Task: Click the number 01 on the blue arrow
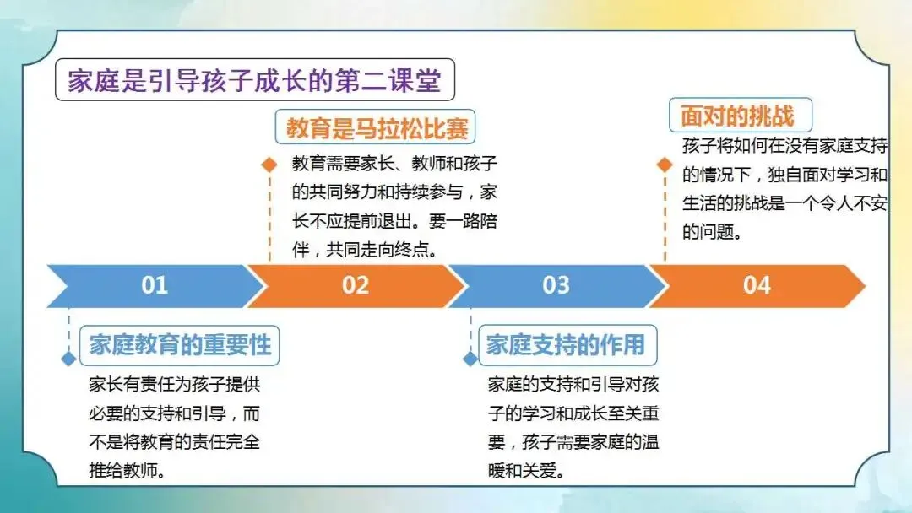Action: (155, 285)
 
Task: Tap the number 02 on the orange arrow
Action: (356, 285)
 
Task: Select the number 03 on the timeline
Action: (556, 285)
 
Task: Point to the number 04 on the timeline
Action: (757, 285)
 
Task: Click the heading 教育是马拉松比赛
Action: (377, 127)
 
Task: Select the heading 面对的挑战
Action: (737, 116)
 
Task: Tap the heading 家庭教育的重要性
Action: (181, 345)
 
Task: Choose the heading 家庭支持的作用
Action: (566, 344)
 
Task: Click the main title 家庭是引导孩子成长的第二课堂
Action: (255, 80)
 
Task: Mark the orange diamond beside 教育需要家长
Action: (269, 165)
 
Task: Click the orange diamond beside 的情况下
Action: (665, 165)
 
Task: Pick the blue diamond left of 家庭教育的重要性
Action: (68, 359)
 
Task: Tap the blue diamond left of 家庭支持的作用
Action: (470, 359)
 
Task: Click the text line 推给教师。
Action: (127, 471)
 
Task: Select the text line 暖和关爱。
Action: (526, 471)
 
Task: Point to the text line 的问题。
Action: (713, 232)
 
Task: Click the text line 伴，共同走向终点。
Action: (365, 250)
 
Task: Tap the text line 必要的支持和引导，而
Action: (175, 413)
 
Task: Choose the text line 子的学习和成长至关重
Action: (573, 413)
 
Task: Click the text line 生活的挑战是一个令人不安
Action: (784, 203)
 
